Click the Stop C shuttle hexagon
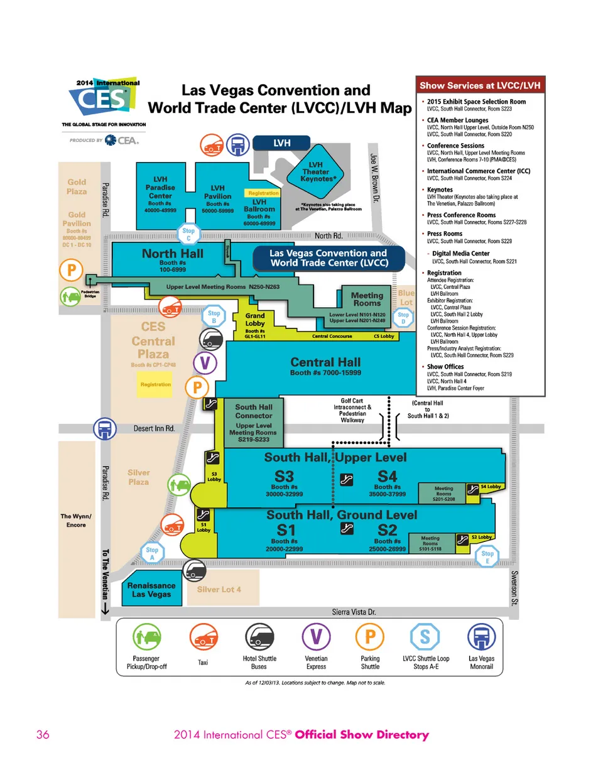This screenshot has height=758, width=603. pyautogui.click(x=189, y=234)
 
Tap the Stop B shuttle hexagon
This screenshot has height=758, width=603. pyautogui.click(x=214, y=316)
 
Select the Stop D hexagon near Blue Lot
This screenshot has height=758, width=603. pyautogui.click(x=403, y=318)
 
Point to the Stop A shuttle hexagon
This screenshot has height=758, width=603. pyautogui.click(x=152, y=553)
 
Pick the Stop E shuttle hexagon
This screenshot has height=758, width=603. pyautogui.click(x=487, y=556)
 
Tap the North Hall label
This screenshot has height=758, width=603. pyautogui.click(x=164, y=254)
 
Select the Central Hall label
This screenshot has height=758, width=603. pyautogui.click(x=325, y=362)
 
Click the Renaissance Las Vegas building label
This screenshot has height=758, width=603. pyautogui.click(x=151, y=589)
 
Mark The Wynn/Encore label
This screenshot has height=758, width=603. pyautogui.click(x=76, y=520)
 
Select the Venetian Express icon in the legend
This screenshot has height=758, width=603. pyautogui.click(x=316, y=639)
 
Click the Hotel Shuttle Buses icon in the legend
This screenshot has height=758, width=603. pyautogui.click(x=259, y=639)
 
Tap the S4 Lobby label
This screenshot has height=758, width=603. pyautogui.click(x=490, y=487)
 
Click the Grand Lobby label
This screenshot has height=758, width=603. pyautogui.click(x=255, y=320)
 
